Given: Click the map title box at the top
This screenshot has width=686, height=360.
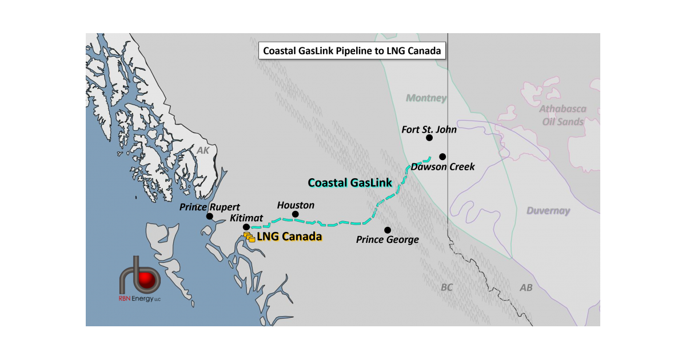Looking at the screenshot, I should (351, 50).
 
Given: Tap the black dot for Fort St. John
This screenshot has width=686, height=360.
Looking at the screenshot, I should (429, 138).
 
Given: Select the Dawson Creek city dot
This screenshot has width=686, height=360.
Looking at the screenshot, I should (442, 157).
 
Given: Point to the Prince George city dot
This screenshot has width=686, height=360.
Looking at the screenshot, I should (388, 230).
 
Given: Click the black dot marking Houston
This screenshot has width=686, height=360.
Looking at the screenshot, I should (296, 214).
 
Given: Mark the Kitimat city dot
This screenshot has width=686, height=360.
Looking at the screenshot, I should (246, 227).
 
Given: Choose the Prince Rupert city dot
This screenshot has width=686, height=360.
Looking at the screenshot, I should (210, 217).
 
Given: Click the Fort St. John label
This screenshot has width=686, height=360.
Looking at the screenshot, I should (429, 129).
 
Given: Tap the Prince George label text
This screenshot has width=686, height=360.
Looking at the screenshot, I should (388, 240).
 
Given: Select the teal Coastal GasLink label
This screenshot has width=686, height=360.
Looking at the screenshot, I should (350, 182).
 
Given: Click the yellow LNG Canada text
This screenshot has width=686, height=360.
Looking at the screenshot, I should (289, 237).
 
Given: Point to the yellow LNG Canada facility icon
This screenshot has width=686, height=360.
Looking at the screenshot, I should (249, 237).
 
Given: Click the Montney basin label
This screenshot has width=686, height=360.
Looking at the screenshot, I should (426, 98).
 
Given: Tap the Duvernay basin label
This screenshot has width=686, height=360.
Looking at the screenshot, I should (548, 211).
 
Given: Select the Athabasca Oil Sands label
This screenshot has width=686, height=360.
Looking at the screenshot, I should (562, 115).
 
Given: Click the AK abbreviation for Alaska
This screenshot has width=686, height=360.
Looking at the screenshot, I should (204, 150).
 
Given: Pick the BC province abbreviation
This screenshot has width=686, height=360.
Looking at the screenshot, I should (446, 287).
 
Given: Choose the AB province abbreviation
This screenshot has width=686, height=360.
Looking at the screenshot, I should (525, 287).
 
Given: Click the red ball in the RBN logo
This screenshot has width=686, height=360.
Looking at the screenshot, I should (149, 278).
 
